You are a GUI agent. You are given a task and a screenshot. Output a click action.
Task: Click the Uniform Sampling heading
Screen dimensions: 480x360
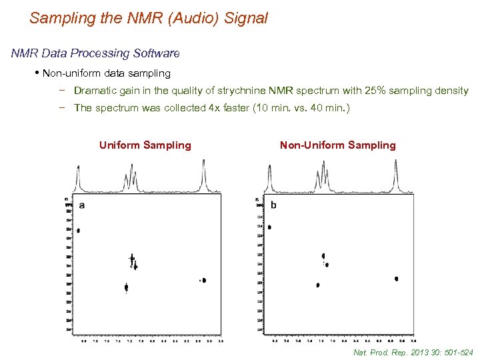[x=145, y=145]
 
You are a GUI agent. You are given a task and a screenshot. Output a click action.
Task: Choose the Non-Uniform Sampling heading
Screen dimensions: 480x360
[x=337, y=145]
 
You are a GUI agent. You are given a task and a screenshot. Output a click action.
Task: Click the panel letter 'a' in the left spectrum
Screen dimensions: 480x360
[x=82, y=205]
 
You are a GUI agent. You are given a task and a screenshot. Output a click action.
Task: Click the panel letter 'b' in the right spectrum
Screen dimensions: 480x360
[x=273, y=205]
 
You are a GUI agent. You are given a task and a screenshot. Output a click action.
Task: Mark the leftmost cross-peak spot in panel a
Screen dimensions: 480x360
[x=78, y=231]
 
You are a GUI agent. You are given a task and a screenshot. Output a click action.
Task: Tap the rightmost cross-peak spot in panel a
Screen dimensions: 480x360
[x=203, y=281]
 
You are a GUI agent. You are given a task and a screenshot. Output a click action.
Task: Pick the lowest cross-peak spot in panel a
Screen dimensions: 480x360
[x=126, y=287]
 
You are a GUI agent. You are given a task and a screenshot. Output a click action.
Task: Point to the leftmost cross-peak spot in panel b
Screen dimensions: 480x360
[x=269, y=227]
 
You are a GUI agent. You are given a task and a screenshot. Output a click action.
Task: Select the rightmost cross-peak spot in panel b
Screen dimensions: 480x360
[x=396, y=279]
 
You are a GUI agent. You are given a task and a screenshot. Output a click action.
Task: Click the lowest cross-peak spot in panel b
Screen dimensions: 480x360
[x=318, y=285]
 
